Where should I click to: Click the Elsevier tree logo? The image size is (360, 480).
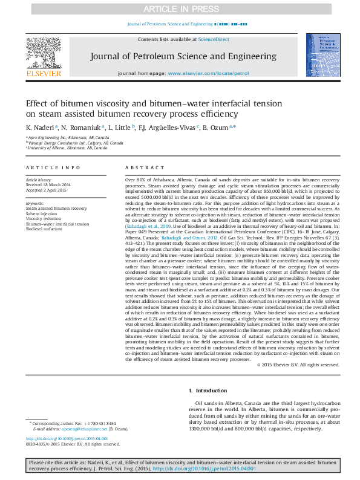point(43,53)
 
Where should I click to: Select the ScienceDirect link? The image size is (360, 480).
point(215,39)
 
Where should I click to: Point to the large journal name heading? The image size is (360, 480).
point(183,56)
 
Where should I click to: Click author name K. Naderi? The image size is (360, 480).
point(41,128)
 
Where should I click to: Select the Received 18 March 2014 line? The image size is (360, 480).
point(48,184)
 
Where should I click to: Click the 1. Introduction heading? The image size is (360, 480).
point(209,391)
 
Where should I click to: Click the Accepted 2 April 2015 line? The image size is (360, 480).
point(47,190)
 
